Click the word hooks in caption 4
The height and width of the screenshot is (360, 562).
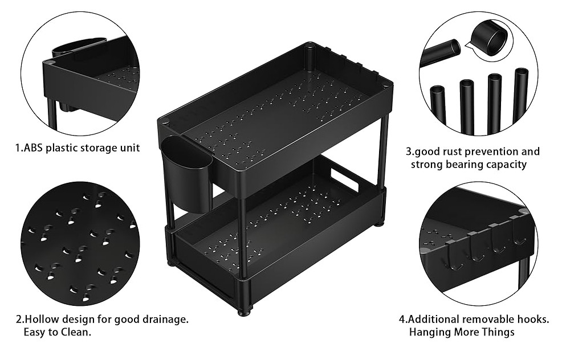[x=533, y=319]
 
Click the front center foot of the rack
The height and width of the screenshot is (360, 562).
[x=244, y=311]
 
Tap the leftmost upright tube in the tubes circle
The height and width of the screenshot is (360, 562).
[x=437, y=108]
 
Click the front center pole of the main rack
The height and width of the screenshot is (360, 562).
[x=243, y=239]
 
